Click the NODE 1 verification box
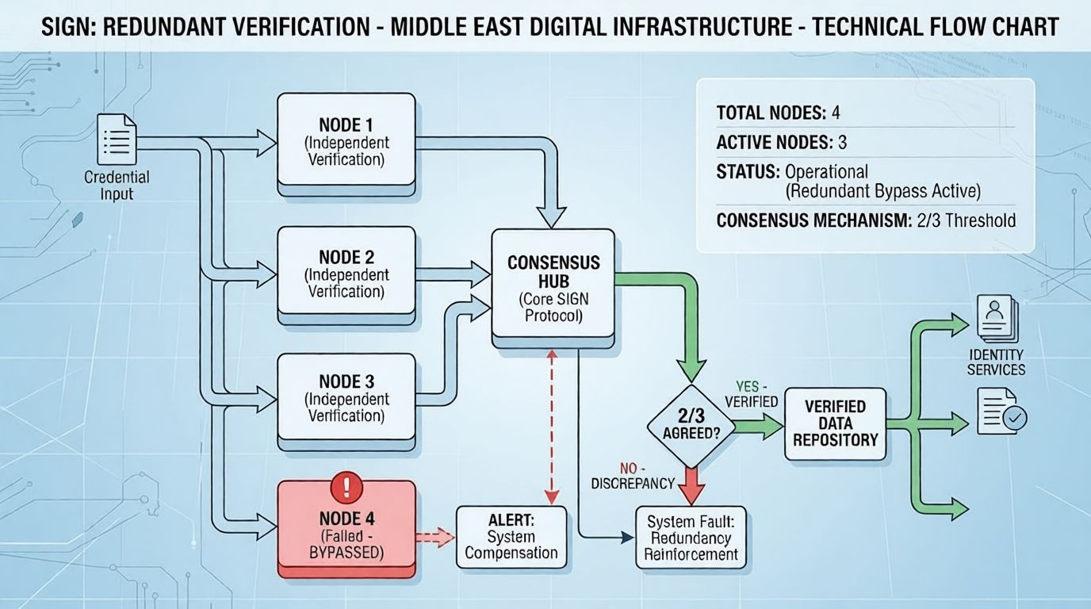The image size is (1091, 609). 346,143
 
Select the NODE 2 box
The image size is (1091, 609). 346,274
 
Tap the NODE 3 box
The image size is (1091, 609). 346,398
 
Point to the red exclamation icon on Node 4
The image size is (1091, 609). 345,487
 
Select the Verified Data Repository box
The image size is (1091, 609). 835,423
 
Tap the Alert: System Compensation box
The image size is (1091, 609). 511,537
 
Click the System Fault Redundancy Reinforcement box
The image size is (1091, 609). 691,538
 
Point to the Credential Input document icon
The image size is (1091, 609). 117,140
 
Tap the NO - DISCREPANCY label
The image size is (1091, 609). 634,476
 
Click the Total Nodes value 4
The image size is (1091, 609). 835,113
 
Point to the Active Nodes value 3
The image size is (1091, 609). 842,143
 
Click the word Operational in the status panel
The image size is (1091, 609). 826,172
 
